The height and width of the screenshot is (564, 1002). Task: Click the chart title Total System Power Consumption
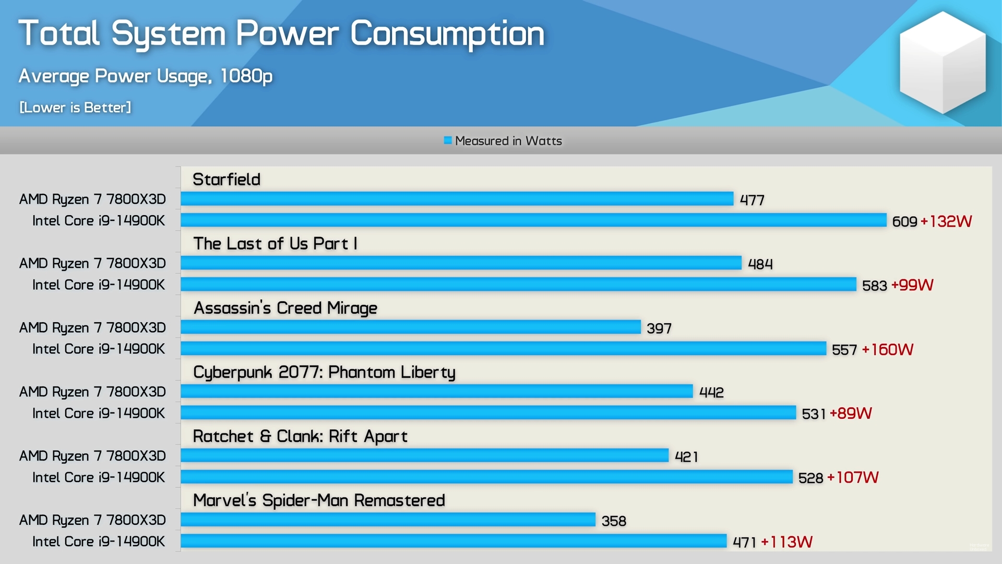(281, 34)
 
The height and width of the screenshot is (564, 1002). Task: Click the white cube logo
(943, 63)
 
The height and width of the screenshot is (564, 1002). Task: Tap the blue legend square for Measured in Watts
(447, 140)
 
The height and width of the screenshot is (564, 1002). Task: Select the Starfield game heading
(226, 180)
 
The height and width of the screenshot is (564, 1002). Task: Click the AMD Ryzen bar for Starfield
(457, 199)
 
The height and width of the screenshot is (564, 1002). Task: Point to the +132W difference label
(946, 221)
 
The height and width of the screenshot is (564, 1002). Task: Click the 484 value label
(760, 264)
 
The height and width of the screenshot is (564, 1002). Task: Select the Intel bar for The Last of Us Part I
(518, 285)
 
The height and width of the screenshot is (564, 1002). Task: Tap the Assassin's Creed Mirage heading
(285, 308)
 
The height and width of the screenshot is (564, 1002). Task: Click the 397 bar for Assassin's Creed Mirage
(411, 327)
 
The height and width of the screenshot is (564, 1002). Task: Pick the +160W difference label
(887, 349)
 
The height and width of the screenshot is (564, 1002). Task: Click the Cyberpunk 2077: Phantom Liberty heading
(324, 372)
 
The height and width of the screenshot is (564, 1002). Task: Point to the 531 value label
(813, 414)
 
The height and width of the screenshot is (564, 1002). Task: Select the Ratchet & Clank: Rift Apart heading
(300, 437)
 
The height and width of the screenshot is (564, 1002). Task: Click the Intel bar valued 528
(486, 477)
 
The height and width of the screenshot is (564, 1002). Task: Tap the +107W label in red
(853, 477)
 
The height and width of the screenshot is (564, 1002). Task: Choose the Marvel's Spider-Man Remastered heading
(319, 501)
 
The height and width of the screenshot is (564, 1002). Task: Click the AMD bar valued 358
(388, 520)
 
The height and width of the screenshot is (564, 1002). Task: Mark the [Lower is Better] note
(75, 108)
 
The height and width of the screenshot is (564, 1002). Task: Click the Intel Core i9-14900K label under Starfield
(99, 221)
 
